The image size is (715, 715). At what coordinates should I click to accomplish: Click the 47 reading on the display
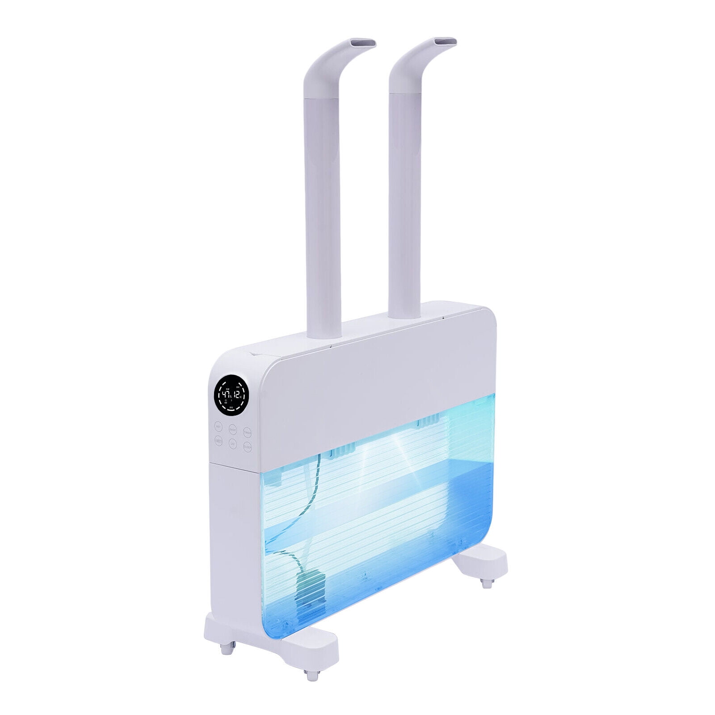click(225, 395)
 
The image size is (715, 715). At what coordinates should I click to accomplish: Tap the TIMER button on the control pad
click(247, 432)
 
